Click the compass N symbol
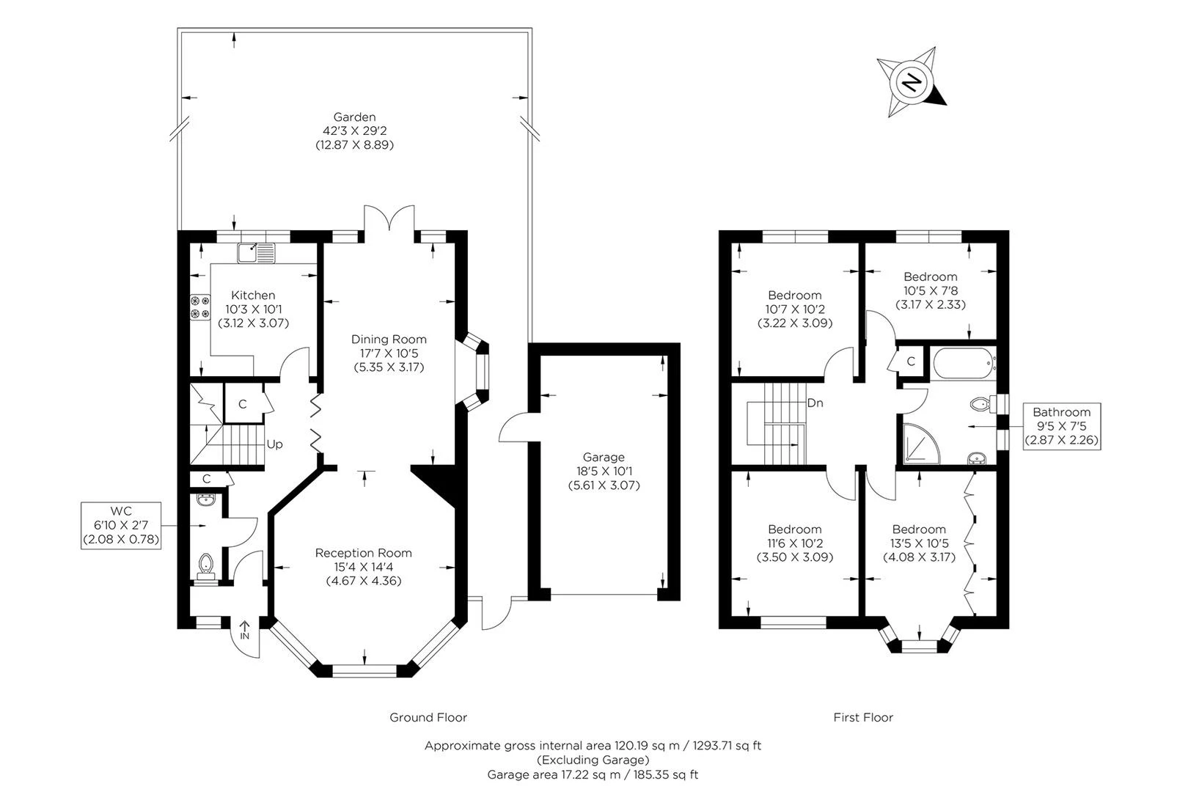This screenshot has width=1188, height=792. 911,83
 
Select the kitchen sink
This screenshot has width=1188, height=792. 256,253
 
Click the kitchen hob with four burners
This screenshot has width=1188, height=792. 200,307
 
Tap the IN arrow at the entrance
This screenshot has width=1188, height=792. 244,630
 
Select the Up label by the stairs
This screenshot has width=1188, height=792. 274,444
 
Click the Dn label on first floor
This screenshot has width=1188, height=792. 815,403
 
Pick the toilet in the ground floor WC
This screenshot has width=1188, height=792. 206,566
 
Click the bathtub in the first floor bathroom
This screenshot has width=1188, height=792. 963,363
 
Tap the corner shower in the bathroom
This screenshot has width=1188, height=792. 921,442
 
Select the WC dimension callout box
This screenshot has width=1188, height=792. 121,525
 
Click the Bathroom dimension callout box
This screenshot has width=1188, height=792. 1062,426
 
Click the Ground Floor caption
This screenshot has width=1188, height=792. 428,717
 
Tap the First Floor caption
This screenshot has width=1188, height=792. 863,717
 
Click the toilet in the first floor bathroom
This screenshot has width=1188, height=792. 982,404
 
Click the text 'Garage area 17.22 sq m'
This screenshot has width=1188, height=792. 554,774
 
